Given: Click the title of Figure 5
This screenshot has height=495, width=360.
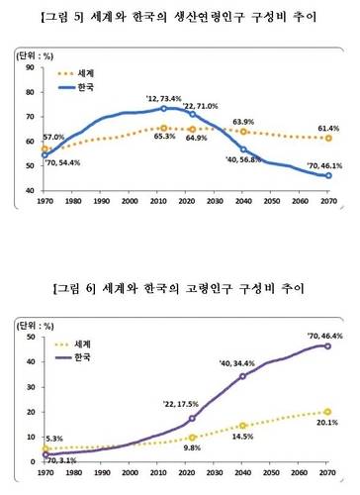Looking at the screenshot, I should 180,17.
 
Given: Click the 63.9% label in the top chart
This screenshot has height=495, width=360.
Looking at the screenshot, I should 246,122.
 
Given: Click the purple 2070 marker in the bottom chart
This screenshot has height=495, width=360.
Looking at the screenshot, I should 325,346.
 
